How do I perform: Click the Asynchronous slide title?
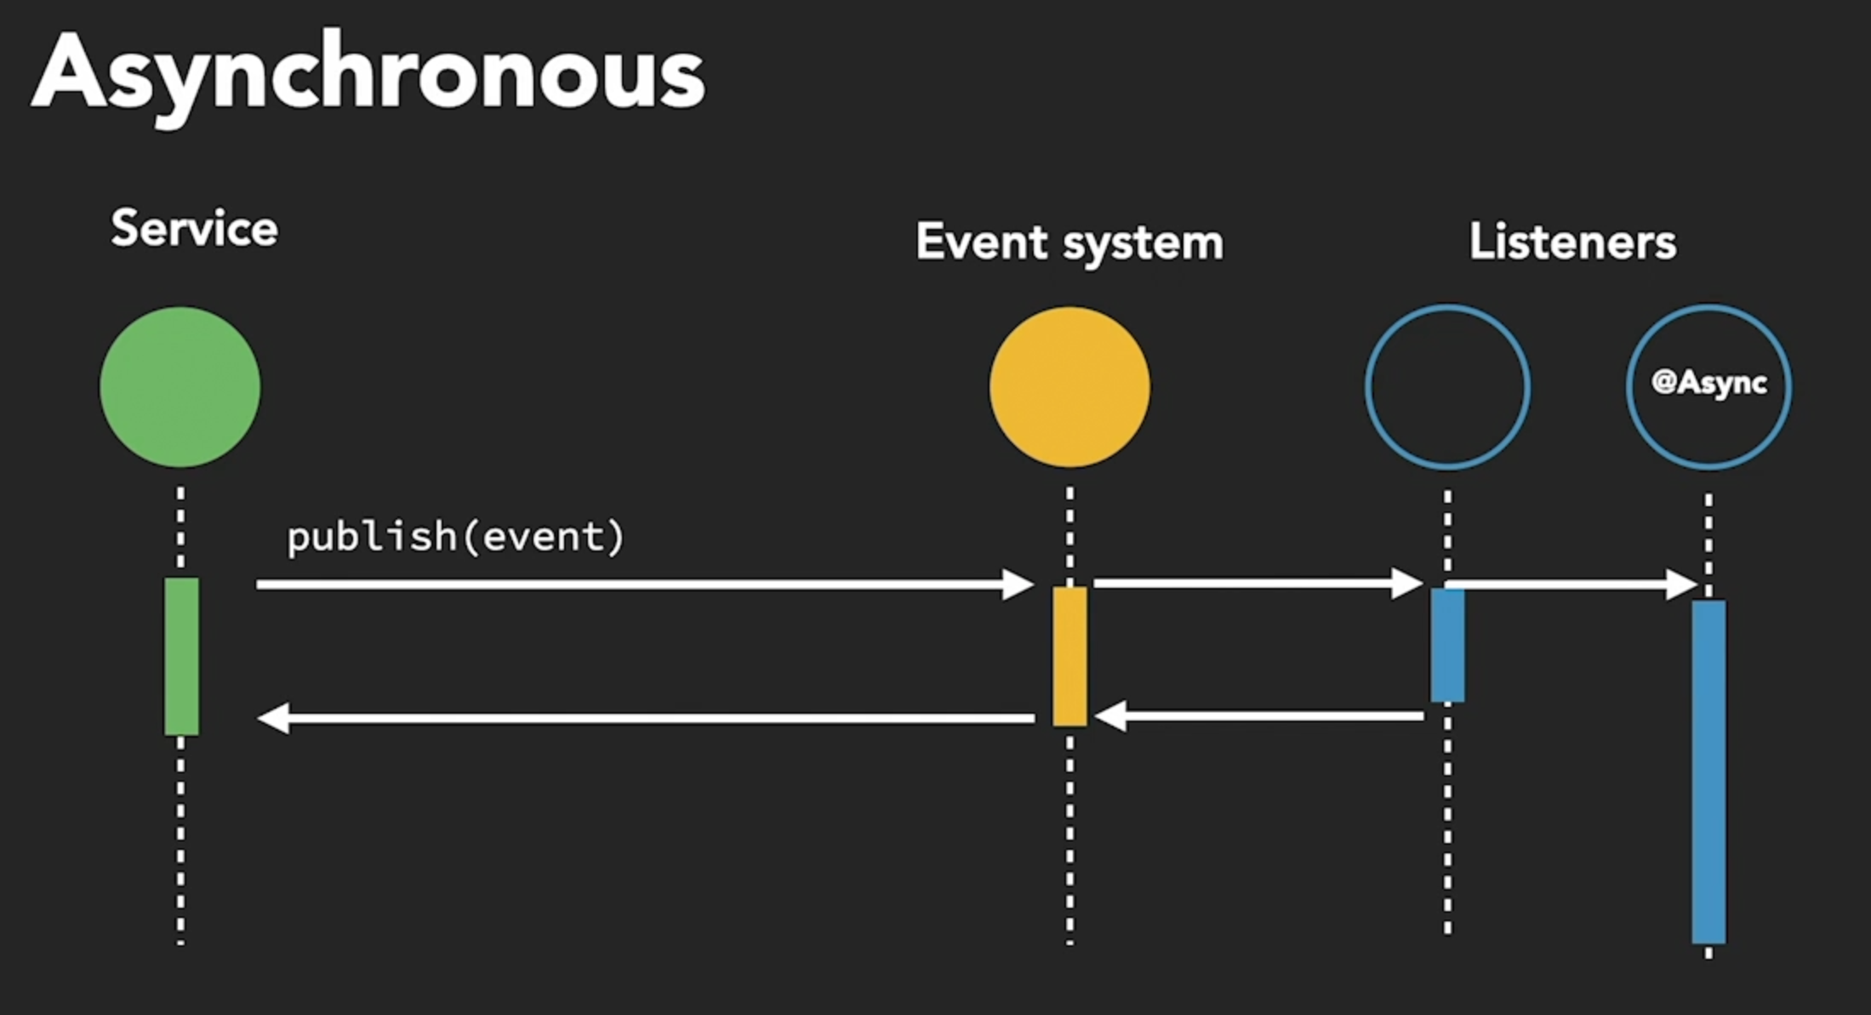pos(368,75)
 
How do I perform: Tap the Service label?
pos(194,229)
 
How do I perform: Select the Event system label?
pos(1070,242)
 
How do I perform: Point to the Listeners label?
pos(1572,242)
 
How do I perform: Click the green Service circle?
pos(180,387)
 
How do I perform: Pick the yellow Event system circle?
pos(1070,387)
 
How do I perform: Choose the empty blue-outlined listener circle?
pos(1447,387)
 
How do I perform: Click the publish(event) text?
pos(455,537)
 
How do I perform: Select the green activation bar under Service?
pos(181,656)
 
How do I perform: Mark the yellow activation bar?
pos(1070,656)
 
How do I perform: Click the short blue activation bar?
pos(1447,645)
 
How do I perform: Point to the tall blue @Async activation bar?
pos(1708,771)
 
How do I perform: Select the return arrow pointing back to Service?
pos(647,718)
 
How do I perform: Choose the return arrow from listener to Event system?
pos(1259,716)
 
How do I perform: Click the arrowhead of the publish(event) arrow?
pos(1018,584)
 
